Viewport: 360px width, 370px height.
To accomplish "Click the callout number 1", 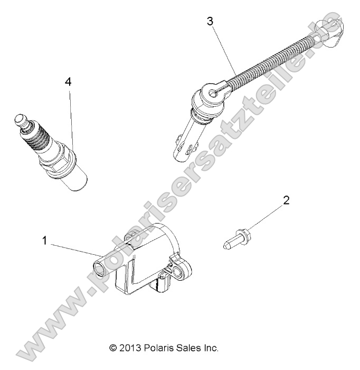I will coord(45,240).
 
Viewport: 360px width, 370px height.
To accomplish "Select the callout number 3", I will coord(210,22).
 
